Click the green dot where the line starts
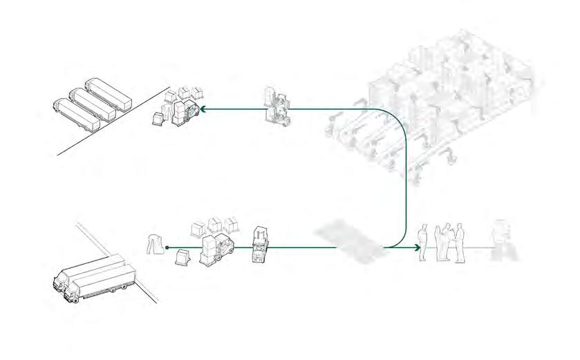(x=167, y=246)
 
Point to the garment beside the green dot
(x=154, y=243)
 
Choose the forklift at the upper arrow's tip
(x=185, y=112)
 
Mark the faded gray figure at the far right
(x=501, y=240)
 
